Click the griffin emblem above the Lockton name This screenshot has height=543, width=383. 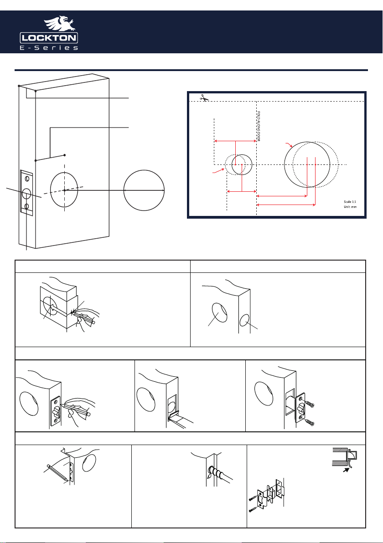tap(59, 24)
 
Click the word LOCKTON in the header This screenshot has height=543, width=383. tap(49, 38)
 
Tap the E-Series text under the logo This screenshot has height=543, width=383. tap(49, 48)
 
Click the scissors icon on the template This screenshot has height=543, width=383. tap(205, 98)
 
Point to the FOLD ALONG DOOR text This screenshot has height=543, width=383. tap(259, 126)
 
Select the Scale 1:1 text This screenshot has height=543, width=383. tap(350, 201)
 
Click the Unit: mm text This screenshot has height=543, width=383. tap(350, 207)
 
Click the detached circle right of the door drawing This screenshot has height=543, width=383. tap(144, 190)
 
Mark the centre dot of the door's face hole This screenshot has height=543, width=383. tap(64, 190)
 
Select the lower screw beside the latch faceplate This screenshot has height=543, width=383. tap(310, 422)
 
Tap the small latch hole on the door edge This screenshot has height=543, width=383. tap(245, 322)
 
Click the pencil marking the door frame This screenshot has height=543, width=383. tap(57, 473)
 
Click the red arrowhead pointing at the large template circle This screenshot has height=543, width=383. tap(290, 145)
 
